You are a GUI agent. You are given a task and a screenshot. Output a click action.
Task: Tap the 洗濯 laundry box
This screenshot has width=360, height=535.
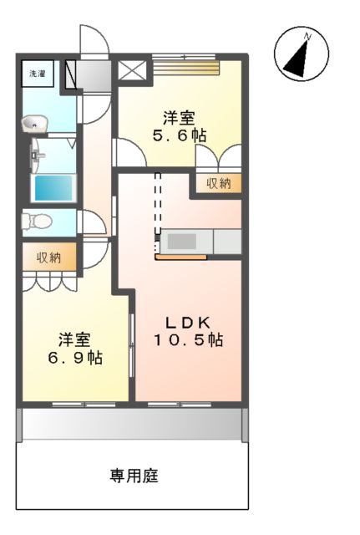tap(38, 74)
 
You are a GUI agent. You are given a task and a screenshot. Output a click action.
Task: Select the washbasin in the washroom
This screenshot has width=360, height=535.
tap(33, 125)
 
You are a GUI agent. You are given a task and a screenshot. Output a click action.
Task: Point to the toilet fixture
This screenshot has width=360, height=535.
tap(37, 222)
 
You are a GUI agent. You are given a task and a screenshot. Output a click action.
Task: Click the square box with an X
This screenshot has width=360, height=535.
tap(132, 70)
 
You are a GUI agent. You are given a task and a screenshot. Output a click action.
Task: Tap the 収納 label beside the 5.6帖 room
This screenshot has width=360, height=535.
tap(218, 184)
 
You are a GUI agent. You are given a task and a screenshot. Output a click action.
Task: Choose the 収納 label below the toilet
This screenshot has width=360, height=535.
tap(48, 257)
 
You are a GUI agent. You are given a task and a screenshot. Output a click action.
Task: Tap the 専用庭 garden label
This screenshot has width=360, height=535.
tap(134, 476)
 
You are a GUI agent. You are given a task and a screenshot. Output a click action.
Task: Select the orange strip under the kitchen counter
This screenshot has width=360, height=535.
tap(180, 257)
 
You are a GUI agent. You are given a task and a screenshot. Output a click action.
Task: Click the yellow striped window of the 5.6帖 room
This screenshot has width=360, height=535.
tap(185, 65)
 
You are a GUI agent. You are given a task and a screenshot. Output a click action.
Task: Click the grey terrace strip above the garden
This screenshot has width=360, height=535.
tap(132, 425)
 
